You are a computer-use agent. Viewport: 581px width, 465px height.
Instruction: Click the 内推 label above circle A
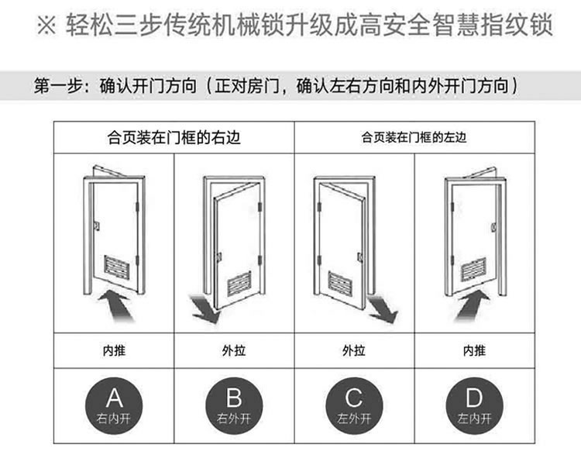(114, 350)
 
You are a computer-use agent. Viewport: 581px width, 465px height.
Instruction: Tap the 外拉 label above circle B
(233, 350)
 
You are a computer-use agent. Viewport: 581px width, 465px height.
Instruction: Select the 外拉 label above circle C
(354, 350)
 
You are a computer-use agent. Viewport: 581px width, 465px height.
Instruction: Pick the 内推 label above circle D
(474, 350)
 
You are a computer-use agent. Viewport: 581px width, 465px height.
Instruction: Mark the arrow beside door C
(383, 308)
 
